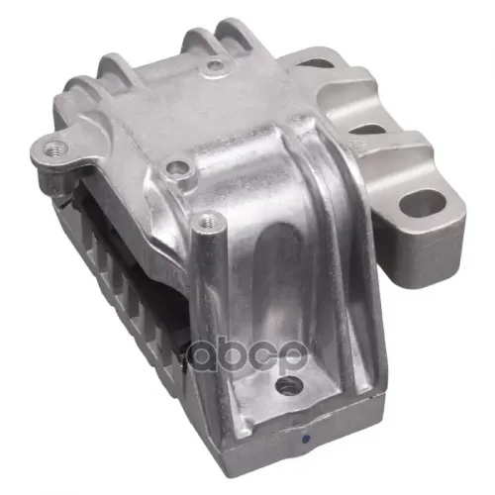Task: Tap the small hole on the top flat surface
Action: [x=216, y=64]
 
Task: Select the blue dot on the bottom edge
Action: [x=306, y=439]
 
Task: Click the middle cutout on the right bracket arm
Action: [x=366, y=130]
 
